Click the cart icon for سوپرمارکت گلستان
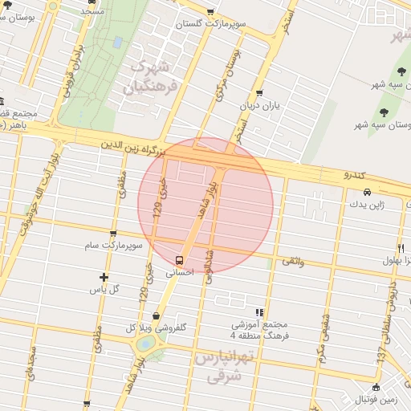pyautogui.click(x=210, y=12)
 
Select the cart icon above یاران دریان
pyautogui.click(x=258, y=92)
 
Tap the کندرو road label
pyautogui.click(x=354, y=174)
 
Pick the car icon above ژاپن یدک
pyautogui.click(x=366, y=192)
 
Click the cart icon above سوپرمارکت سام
pyautogui.click(x=112, y=234)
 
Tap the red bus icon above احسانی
pyautogui.click(x=179, y=260)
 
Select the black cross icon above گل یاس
pyautogui.click(x=104, y=277)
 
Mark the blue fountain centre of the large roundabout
pyautogui.click(x=145, y=344)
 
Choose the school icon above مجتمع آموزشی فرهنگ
pyautogui.click(x=258, y=312)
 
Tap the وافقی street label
pyautogui.click(x=292, y=261)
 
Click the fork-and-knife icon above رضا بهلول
pyautogui.click(x=400, y=248)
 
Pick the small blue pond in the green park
pyautogui.click(x=119, y=41)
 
